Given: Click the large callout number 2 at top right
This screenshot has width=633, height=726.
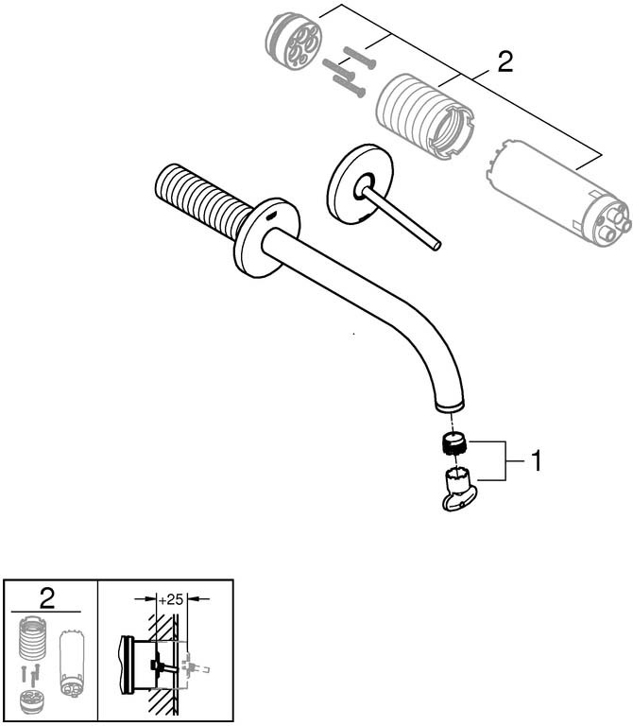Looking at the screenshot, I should coord(505,63).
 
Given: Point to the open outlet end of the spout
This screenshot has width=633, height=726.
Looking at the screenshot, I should coord(451,405).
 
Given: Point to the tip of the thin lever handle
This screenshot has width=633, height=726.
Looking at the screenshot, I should coord(436,247).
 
